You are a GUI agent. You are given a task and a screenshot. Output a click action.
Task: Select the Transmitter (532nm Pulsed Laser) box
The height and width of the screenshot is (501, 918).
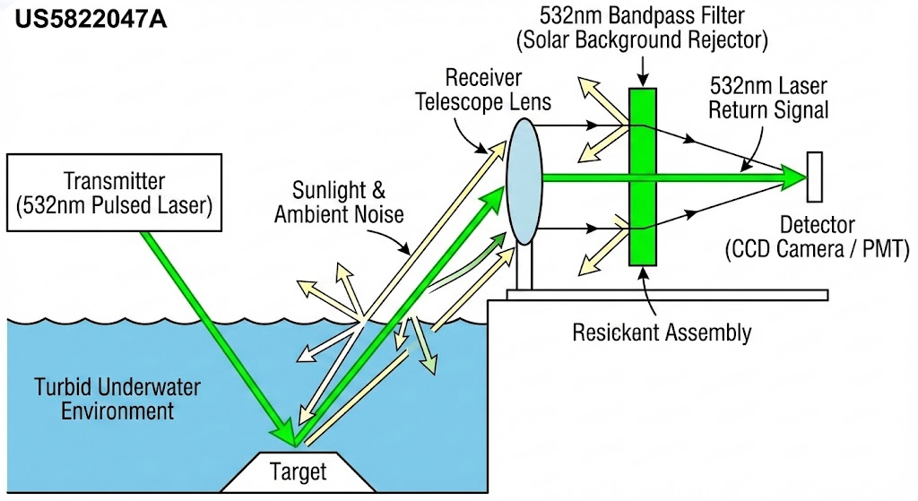coord(114,193)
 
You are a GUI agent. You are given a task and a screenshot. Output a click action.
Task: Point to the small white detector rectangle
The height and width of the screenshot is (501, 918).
coord(816,177)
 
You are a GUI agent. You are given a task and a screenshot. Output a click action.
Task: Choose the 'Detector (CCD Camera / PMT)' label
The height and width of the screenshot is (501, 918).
coord(817,237)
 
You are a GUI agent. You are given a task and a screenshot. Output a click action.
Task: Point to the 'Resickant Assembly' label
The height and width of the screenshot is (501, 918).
coord(662,333)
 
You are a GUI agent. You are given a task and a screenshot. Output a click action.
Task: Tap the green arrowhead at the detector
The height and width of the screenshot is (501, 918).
coord(793,177)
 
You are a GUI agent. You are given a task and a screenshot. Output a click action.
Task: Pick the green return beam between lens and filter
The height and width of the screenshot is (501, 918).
coord(583,177)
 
